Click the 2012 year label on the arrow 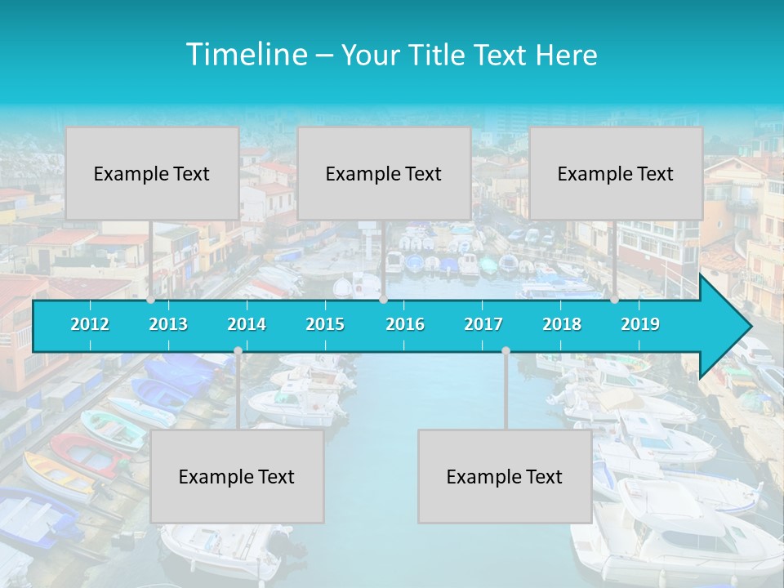[x=90, y=324]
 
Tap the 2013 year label [x=168, y=324]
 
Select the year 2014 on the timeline [x=247, y=324]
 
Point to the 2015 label [x=325, y=324]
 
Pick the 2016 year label [x=405, y=324]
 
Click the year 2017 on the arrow [x=483, y=324]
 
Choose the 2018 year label [x=562, y=324]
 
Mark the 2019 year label [x=640, y=324]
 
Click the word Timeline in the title [x=245, y=55]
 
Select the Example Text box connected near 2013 [x=152, y=173]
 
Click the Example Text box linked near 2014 [x=237, y=476]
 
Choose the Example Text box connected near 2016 [x=384, y=173]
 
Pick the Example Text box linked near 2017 [x=505, y=476]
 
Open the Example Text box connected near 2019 [x=616, y=173]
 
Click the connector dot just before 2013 [x=150, y=300]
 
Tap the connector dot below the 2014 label [x=238, y=351]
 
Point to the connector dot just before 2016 [x=383, y=300]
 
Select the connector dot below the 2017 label [x=506, y=351]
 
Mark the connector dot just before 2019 [x=614, y=300]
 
